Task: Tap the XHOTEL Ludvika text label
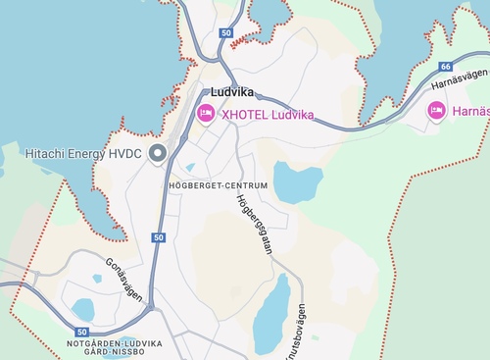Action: point(268,115)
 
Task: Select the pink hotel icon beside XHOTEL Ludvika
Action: point(206,114)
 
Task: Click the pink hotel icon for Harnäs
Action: point(437,111)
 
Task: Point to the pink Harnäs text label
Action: point(471,112)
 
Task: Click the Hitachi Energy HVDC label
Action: point(83,154)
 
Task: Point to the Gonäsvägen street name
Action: point(123,279)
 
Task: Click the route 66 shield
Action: point(446,67)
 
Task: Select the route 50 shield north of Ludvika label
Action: point(226,33)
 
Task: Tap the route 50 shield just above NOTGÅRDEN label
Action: point(81,333)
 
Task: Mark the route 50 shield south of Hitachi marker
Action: point(159,237)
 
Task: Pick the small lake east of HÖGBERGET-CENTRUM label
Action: point(298,182)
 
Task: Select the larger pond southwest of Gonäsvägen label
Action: point(83,310)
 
